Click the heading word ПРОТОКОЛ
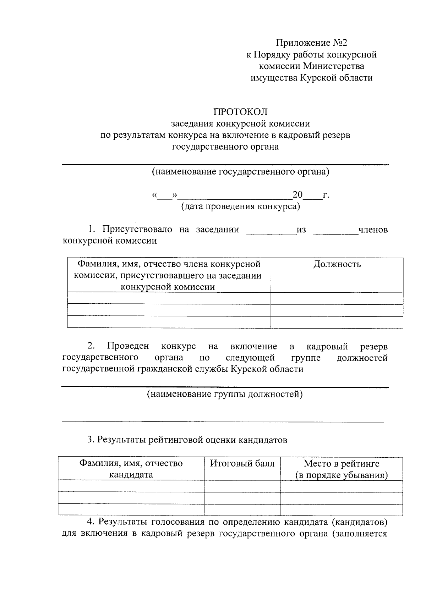(x=240, y=112)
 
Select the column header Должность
(x=337, y=264)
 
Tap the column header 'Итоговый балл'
(x=242, y=463)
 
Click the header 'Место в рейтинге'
(x=341, y=463)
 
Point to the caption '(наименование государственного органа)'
(x=240, y=172)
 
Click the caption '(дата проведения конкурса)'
(x=240, y=206)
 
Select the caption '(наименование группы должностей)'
(x=225, y=394)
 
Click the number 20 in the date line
(x=297, y=195)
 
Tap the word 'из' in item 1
(x=301, y=230)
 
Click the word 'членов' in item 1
(x=373, y=230)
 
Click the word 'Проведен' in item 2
(x=128, y=346)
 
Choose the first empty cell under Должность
(x=337, y=298)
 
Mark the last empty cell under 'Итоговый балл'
(x=242, y=509)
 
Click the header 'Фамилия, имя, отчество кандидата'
(x=131, y=469)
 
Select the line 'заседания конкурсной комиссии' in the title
(x=240, y=123)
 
